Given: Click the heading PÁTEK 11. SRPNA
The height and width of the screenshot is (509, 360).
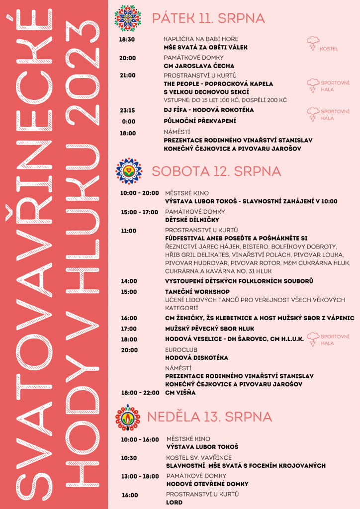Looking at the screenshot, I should (208, 19).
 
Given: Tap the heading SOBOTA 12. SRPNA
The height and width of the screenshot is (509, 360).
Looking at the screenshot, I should (216, 171).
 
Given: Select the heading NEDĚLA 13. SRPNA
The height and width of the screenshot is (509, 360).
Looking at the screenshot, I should (209, 417).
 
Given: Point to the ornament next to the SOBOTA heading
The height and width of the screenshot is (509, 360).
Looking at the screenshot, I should (129, 171).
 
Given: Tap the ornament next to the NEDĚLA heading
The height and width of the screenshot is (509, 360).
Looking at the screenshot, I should (128, 417).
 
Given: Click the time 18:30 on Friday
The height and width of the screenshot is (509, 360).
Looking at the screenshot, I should (127, 39).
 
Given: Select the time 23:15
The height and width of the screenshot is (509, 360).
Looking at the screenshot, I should (127, 110).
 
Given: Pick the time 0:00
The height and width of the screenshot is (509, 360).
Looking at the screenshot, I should (129, 121).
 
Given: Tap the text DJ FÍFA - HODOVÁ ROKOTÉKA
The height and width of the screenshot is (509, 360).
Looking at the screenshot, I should (209, 110).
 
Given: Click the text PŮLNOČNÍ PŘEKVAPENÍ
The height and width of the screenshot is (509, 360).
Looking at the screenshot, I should (200, 121).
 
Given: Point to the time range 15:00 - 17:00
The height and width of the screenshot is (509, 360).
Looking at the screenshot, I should (140, 212).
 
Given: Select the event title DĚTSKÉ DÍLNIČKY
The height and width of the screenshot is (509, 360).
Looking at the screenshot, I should (192, 219).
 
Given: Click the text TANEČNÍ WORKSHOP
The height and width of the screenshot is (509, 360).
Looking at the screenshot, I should (197, 291).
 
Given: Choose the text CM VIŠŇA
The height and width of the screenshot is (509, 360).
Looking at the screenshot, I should (180, 393).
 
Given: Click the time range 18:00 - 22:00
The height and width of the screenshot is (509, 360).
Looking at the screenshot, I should (140, 393).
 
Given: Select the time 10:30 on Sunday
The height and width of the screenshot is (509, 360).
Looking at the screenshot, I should (129, 458).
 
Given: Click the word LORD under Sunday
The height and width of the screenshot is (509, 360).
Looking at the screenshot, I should (175, 502).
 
